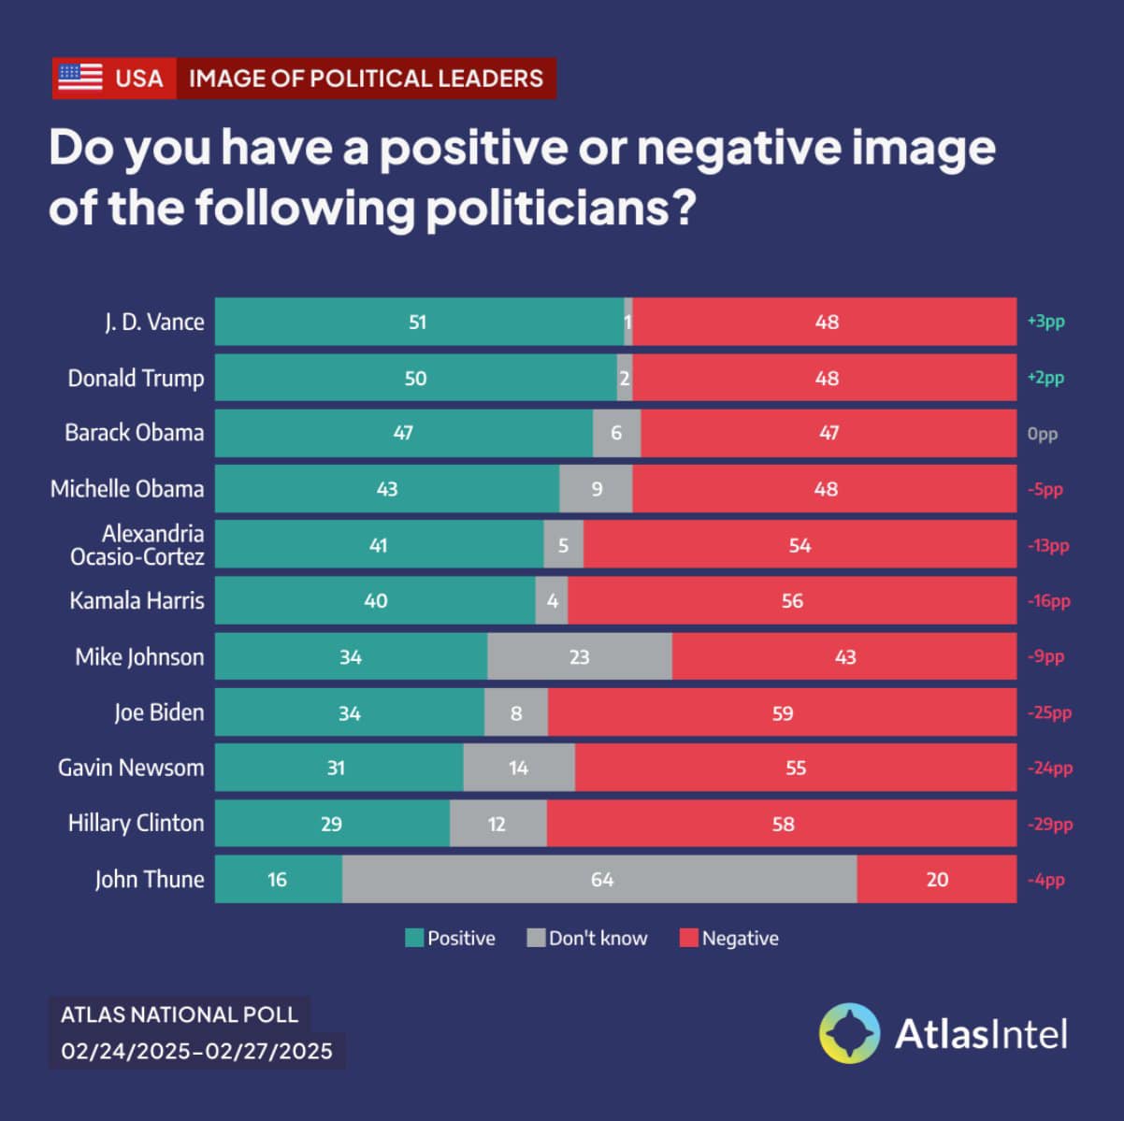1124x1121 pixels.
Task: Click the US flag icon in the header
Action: [x=79, y=78]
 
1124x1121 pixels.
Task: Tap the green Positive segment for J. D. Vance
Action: [x=418, y=322]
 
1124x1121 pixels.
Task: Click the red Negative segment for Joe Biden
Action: [x=782, y=712]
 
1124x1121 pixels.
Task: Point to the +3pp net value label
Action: [x=1045, y=322]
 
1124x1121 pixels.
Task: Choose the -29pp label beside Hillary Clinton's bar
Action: [x=1049, y=824]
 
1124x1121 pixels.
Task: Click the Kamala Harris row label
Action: [x=137, y=600]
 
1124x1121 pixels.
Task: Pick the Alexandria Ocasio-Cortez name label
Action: [x=137, y=545]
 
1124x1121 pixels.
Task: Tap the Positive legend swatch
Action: [x=414, y=938]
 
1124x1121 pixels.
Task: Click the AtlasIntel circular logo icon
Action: [x=849, y=1033]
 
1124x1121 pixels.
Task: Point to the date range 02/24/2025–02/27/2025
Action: [x=196, y=1051]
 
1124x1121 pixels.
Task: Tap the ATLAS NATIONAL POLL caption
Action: [x=179, y=1014]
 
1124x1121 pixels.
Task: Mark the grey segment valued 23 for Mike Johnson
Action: [x=579, y=656]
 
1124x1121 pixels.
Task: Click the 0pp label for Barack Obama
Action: [x=1042, y=434]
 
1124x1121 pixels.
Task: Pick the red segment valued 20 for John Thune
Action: [x=936, y=879]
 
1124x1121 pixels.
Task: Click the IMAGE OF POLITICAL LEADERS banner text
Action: [x=366, y=78]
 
